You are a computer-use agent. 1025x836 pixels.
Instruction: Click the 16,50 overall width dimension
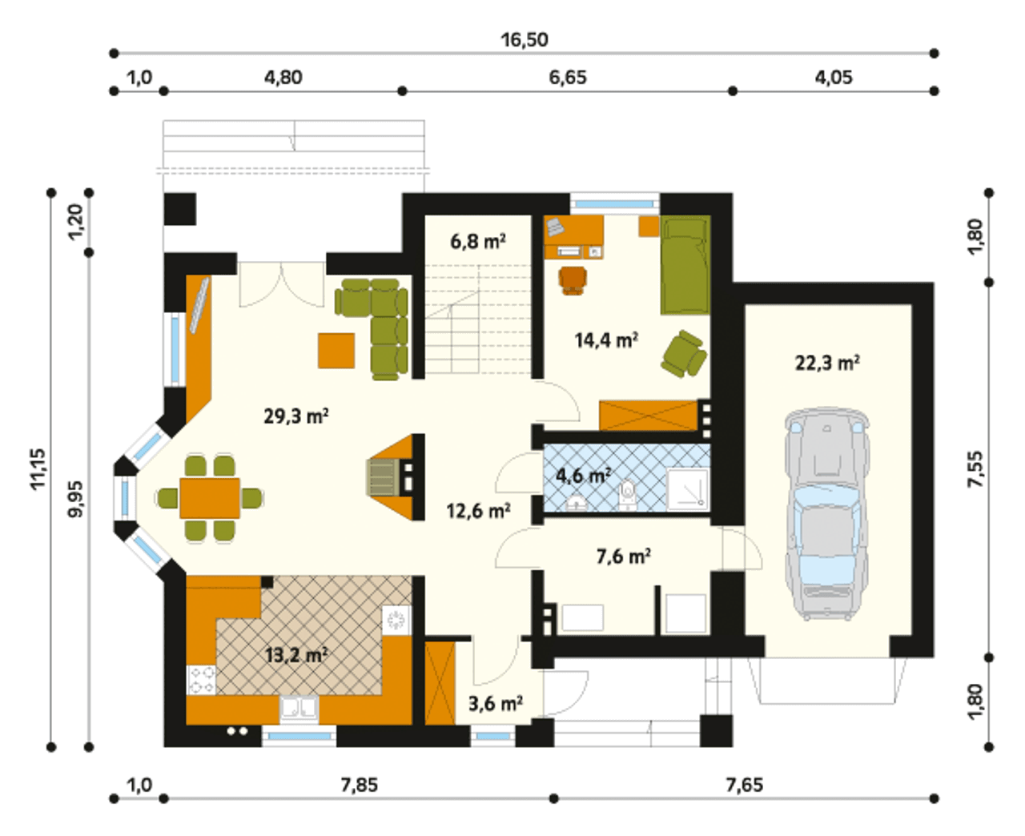point(525,40)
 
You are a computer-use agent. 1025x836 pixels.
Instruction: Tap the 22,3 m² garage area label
point(827,363)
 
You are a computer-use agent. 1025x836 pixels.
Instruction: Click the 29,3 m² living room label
point(296,416)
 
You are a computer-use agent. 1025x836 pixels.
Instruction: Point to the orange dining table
point(210,498)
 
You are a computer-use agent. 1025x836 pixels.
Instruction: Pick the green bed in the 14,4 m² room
point(685,265)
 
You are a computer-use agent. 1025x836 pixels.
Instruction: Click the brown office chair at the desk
point(573,280)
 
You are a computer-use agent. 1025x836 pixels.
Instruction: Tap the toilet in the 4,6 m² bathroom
point(628,495)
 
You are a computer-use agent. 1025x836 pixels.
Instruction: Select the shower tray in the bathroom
point(688,490)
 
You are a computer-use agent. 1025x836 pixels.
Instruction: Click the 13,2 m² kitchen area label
point(296,655)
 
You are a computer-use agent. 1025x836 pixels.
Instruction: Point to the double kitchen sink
point(299,707)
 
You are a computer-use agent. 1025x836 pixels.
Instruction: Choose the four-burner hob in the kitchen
point(201,680)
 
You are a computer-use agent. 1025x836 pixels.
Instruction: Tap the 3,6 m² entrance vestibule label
point(495,703)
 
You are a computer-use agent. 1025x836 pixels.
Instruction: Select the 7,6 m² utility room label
point(624,557)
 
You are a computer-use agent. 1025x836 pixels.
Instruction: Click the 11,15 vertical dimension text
point(38,468)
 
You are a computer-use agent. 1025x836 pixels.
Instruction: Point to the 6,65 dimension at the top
point(568,78)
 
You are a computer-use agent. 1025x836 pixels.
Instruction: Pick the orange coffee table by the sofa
point(336,351)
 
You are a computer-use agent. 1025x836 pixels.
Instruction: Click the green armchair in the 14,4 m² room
point(683,354)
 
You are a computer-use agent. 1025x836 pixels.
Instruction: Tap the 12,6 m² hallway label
point(478,512)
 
